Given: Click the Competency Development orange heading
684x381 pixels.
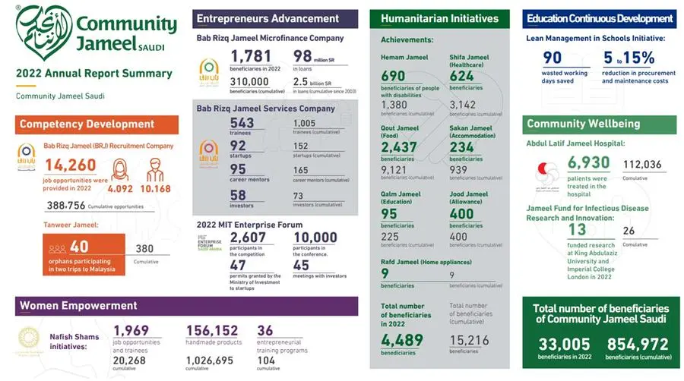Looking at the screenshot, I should (x=87, y=124).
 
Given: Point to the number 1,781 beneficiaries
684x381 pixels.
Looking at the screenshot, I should (x=252, y=56).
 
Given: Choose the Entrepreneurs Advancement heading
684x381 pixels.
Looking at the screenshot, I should (x=268, y=18).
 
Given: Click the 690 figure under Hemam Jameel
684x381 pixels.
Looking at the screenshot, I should (x=393, y=76).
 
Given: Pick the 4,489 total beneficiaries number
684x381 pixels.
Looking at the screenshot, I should (x=401, y=341).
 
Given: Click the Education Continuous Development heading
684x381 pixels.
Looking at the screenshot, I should (x=600, y=18).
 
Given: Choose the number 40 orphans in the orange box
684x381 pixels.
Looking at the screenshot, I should (x=79, y=247).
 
